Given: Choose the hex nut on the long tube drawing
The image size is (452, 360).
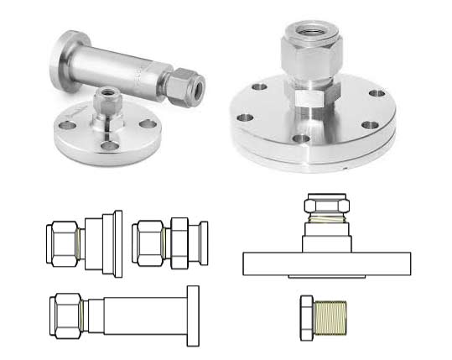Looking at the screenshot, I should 65,313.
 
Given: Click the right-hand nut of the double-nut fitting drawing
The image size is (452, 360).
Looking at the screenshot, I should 182,243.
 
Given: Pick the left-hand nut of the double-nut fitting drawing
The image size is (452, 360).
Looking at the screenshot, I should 149,243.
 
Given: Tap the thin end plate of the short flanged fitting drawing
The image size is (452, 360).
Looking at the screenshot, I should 117,243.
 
